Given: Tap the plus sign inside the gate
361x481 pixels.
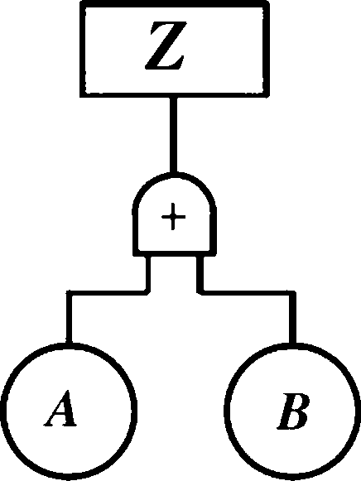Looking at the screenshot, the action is (x=173, y=217).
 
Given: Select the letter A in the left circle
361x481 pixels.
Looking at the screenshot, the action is (x=60, y=409).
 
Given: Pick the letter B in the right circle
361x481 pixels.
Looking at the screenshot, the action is (x=294, y=411).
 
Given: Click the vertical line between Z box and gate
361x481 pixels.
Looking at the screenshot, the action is (x=173, y=135).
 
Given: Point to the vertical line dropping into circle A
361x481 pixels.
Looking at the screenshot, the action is (x=70, y=318).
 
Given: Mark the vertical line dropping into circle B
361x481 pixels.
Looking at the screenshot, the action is (x=292, y=318).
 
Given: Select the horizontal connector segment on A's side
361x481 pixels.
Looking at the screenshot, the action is (x=108, y=292).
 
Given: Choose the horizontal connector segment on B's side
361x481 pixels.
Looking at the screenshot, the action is (x=246, y=292).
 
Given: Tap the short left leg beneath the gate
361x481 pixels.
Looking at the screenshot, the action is (x=148, y=273).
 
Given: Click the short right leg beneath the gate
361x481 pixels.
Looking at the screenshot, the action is (x=200, y=273).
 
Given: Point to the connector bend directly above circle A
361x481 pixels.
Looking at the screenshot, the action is (x=70, y=293).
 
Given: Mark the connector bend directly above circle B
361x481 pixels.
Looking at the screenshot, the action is (x=292, y=293).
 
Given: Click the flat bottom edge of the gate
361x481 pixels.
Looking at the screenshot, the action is (x=175, y=253).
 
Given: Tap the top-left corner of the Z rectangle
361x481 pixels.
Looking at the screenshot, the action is (x=82, y=3).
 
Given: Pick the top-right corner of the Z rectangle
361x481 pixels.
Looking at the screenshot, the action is (x=267, y=3).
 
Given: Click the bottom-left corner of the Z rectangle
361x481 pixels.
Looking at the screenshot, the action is (x=82, y=95).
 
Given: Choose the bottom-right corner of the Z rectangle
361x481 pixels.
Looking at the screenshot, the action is (x=267, y=95).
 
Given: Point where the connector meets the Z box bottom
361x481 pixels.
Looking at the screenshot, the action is (x=173, y=97).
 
